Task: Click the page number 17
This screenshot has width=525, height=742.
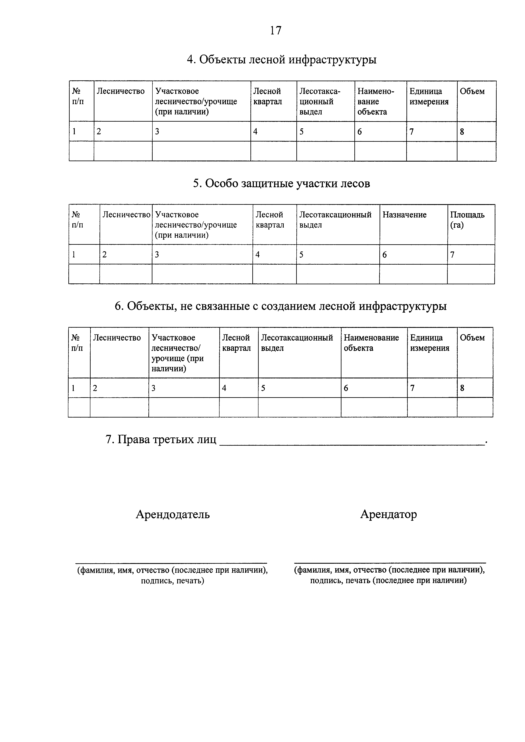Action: tap(276, 31)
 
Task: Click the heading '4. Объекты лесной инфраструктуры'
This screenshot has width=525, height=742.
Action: tap(282, 60)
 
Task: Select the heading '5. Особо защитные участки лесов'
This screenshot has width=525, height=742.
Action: tap(281, 184)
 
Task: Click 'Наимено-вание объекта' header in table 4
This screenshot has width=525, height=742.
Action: tap(376, 102)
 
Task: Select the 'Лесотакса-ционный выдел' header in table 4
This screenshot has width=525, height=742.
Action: tap(320, 102)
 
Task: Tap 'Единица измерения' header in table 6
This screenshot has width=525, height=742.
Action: tap(430, 343)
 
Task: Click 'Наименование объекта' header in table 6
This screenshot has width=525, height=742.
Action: tap(371, 343)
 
